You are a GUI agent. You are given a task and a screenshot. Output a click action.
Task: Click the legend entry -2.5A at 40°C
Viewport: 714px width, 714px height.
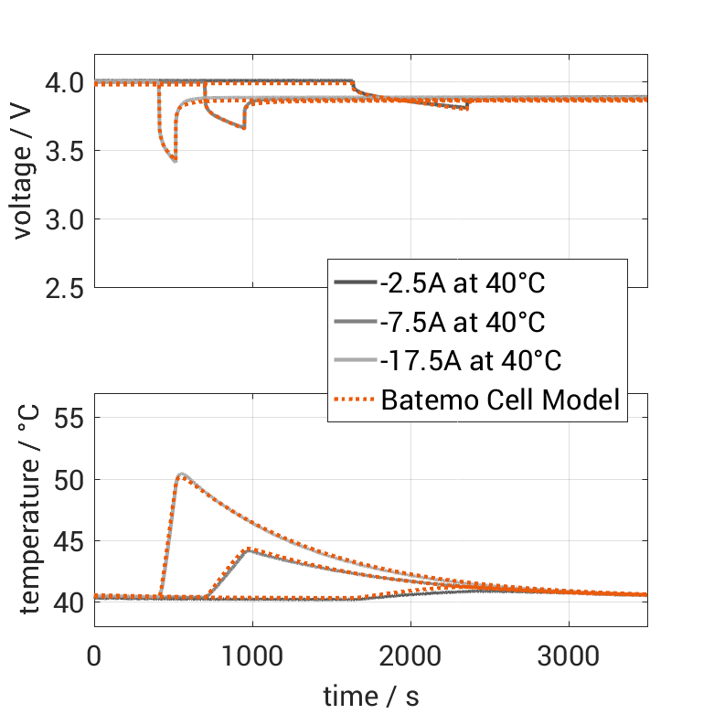click(x=463, y=283)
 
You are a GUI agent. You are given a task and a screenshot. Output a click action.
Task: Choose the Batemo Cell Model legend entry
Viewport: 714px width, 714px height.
click(x=501, y=400)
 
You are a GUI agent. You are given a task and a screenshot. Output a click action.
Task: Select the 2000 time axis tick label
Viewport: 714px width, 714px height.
click(x=410, y=655)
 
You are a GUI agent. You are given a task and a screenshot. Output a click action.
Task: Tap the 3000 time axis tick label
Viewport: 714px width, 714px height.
click(x=569, y=655)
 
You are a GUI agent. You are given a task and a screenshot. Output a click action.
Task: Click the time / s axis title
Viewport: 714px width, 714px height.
click(x=371, y=696)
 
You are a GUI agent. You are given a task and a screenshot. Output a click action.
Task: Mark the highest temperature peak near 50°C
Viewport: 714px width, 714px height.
click(x=182, y=474)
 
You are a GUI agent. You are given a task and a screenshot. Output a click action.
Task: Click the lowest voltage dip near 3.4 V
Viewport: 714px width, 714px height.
click(x=174, y=161)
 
